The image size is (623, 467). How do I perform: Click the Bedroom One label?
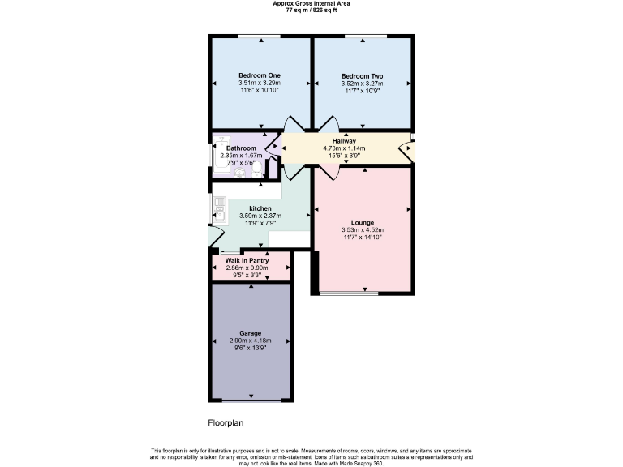tap(259, 75)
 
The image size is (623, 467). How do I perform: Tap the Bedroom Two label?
tap(362, 75)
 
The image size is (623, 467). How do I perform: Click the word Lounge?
tap(362, 222)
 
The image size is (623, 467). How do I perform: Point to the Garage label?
tap(249, 333)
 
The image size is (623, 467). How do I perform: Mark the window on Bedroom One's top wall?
tap(259, 36)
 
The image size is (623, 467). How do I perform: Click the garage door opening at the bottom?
tap(249, 400)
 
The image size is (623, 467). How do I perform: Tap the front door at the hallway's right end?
tap(412, 145)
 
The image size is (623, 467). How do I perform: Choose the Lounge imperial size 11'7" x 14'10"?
tap(362, 238)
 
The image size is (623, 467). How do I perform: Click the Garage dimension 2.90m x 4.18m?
tap(249, 341)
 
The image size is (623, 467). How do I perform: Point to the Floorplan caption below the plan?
tap(226, 423)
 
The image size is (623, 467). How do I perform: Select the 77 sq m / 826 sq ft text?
tap(311, 10)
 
